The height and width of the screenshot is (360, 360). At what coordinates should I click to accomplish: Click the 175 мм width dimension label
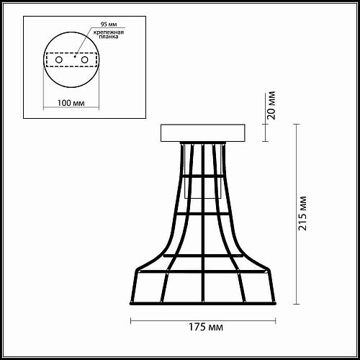click(x=206, y=327)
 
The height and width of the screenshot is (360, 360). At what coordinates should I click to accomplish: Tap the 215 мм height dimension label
click(x=302, y=214)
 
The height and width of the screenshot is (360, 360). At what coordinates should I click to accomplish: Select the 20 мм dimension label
click(x=271, y=106)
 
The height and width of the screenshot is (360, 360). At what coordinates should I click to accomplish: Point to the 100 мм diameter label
click(x=71, y=103)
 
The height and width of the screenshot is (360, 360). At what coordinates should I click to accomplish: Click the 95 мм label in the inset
click(x=109, y=24)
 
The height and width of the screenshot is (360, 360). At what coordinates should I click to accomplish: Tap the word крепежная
click(x=109, y=32)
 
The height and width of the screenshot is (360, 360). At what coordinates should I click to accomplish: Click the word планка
click(x=109, y=37)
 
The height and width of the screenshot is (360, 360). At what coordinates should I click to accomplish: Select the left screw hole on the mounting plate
click(x=59, y=60)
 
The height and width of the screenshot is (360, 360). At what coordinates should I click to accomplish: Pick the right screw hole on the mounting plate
click(x=84, y=60)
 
